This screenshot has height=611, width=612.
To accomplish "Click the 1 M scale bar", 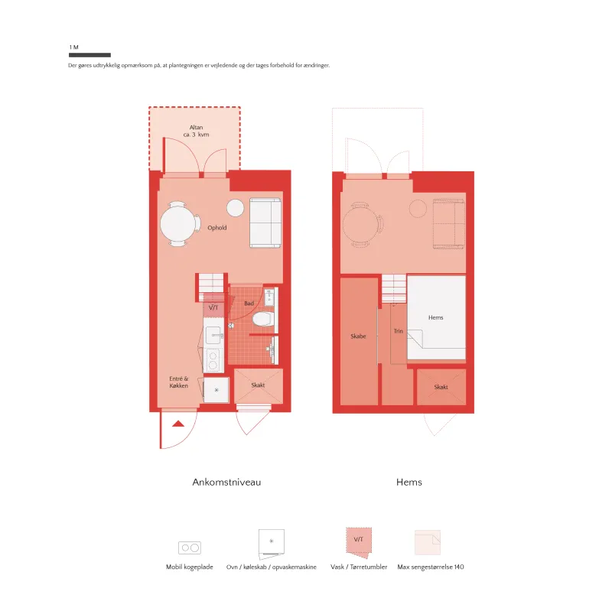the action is click(90, 55).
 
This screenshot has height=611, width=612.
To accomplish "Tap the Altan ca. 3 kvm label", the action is click(197, 131).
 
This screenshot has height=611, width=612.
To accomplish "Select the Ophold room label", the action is click(217, 227).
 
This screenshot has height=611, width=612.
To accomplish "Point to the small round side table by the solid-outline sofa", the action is click(236, 207).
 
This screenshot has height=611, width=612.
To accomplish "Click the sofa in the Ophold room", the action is click(265, 223).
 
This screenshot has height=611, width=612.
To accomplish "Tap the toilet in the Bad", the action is click(263, 319).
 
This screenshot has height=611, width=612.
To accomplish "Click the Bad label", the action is click(249, 303).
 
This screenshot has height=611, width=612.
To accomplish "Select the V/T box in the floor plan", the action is click(213, 308).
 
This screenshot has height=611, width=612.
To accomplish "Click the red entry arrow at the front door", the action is click(178, 424).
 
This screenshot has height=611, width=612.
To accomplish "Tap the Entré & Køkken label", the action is click(179, 382).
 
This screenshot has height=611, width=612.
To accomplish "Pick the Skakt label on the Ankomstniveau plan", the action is click(258, 385).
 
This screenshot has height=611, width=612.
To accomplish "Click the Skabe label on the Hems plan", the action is click(358, 336).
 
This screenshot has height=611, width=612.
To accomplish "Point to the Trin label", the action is click(398, 331).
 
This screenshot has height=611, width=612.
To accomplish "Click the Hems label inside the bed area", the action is click(435, 317).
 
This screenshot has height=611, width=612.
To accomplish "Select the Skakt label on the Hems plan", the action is click(441, 387).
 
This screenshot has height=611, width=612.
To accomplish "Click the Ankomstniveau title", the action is click(226, 483).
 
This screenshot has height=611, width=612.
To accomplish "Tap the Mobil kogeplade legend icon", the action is click(190, 548).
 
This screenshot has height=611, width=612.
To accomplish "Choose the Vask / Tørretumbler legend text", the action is click(359, 567).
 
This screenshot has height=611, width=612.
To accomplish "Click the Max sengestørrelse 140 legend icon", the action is click(428, 542).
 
